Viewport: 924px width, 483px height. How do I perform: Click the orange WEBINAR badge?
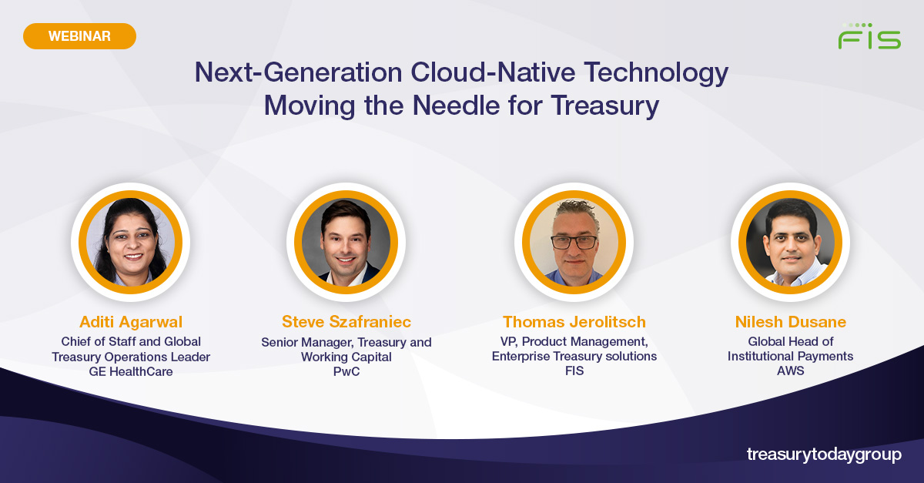coord(79,36)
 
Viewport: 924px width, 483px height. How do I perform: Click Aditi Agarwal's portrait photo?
coord(130,242)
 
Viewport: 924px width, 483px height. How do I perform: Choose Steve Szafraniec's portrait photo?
coord(346,242)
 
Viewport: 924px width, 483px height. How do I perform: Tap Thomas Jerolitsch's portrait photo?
coord(574,242)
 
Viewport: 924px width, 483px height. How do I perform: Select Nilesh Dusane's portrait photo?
coord(790,242)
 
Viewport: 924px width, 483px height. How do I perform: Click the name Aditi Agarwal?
coord(130,321)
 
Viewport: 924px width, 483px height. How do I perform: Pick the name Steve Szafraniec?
coord(346,321)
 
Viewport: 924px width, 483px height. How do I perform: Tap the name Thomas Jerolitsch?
coord(574,321)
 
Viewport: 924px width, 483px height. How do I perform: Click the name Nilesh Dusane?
coord(790,321)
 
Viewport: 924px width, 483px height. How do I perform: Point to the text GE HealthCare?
coord(130,371)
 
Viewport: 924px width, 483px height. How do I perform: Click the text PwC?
coord(346,371)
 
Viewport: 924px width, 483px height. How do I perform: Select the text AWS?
coord(790,371)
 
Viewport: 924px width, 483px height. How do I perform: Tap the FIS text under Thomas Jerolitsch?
coord(574,371)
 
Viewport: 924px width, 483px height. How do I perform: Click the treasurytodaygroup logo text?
coord(823,454)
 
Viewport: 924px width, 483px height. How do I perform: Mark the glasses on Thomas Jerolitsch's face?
coord(574,241)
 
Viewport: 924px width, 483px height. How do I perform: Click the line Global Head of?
coord(790,341)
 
